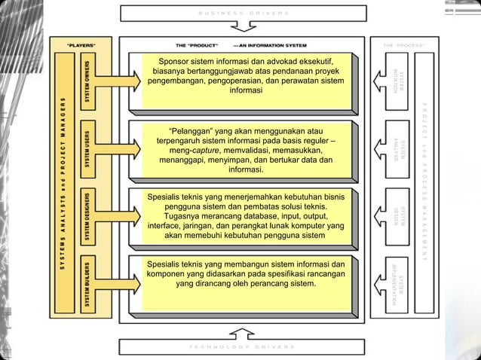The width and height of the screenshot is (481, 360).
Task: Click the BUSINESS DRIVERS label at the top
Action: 240,14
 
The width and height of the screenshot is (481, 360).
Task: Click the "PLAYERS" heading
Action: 81,45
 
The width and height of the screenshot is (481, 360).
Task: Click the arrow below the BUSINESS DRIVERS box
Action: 240,29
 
